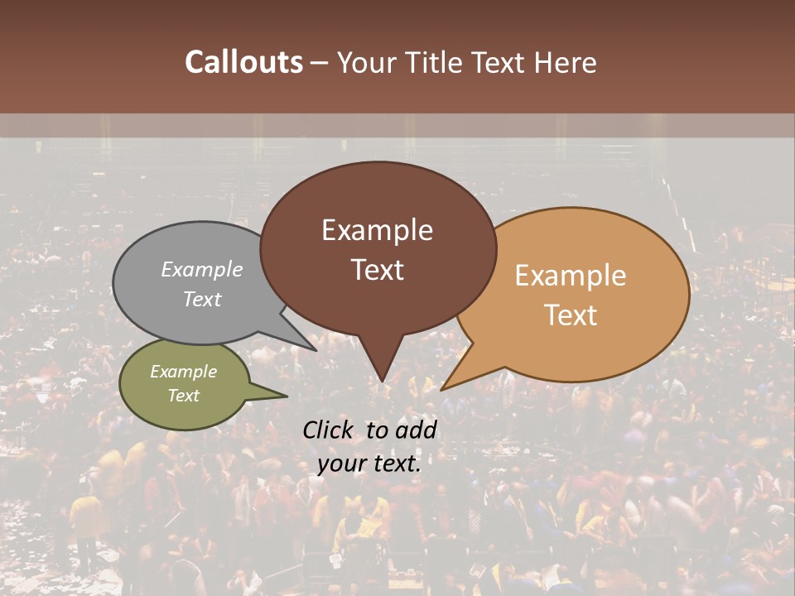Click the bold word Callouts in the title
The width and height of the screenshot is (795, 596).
pyautogui.click(x=243, y=62)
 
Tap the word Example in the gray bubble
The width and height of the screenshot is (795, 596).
pyautogui.click(x=202, y=269)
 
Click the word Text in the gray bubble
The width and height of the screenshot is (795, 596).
pyautogui.click(x=202, y=299)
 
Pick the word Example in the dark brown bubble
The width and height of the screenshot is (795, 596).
pyautogui.click(x=377, y=230)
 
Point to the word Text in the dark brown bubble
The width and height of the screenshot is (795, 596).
pyautogui.click(x=377, y=270)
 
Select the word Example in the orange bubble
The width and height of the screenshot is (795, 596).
pyautogui.click(x=571, y=276)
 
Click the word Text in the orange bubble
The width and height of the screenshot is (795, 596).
pyautogui.click(x=571, y=315)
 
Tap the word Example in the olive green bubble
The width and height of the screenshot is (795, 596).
pyautogui.click(x=184, y=372)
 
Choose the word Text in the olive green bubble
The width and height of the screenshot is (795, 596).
pyautogui.click(x=184, y=396)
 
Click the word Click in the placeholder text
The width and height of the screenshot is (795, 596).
pyautogui.click(x=329, y=430)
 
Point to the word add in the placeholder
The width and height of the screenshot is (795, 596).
pyautogui.click(x=416, y=430)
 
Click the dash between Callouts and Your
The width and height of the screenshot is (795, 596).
pyautogui.click(x=320, y=63)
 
